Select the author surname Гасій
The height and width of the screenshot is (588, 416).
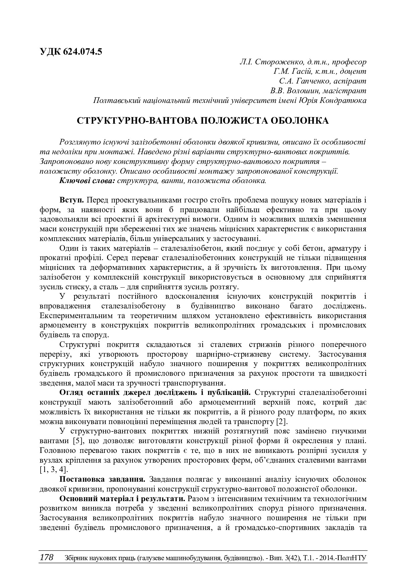pos(303,71)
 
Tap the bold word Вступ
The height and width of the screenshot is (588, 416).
pos(71,200)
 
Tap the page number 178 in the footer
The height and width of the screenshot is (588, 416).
pos(47,557)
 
